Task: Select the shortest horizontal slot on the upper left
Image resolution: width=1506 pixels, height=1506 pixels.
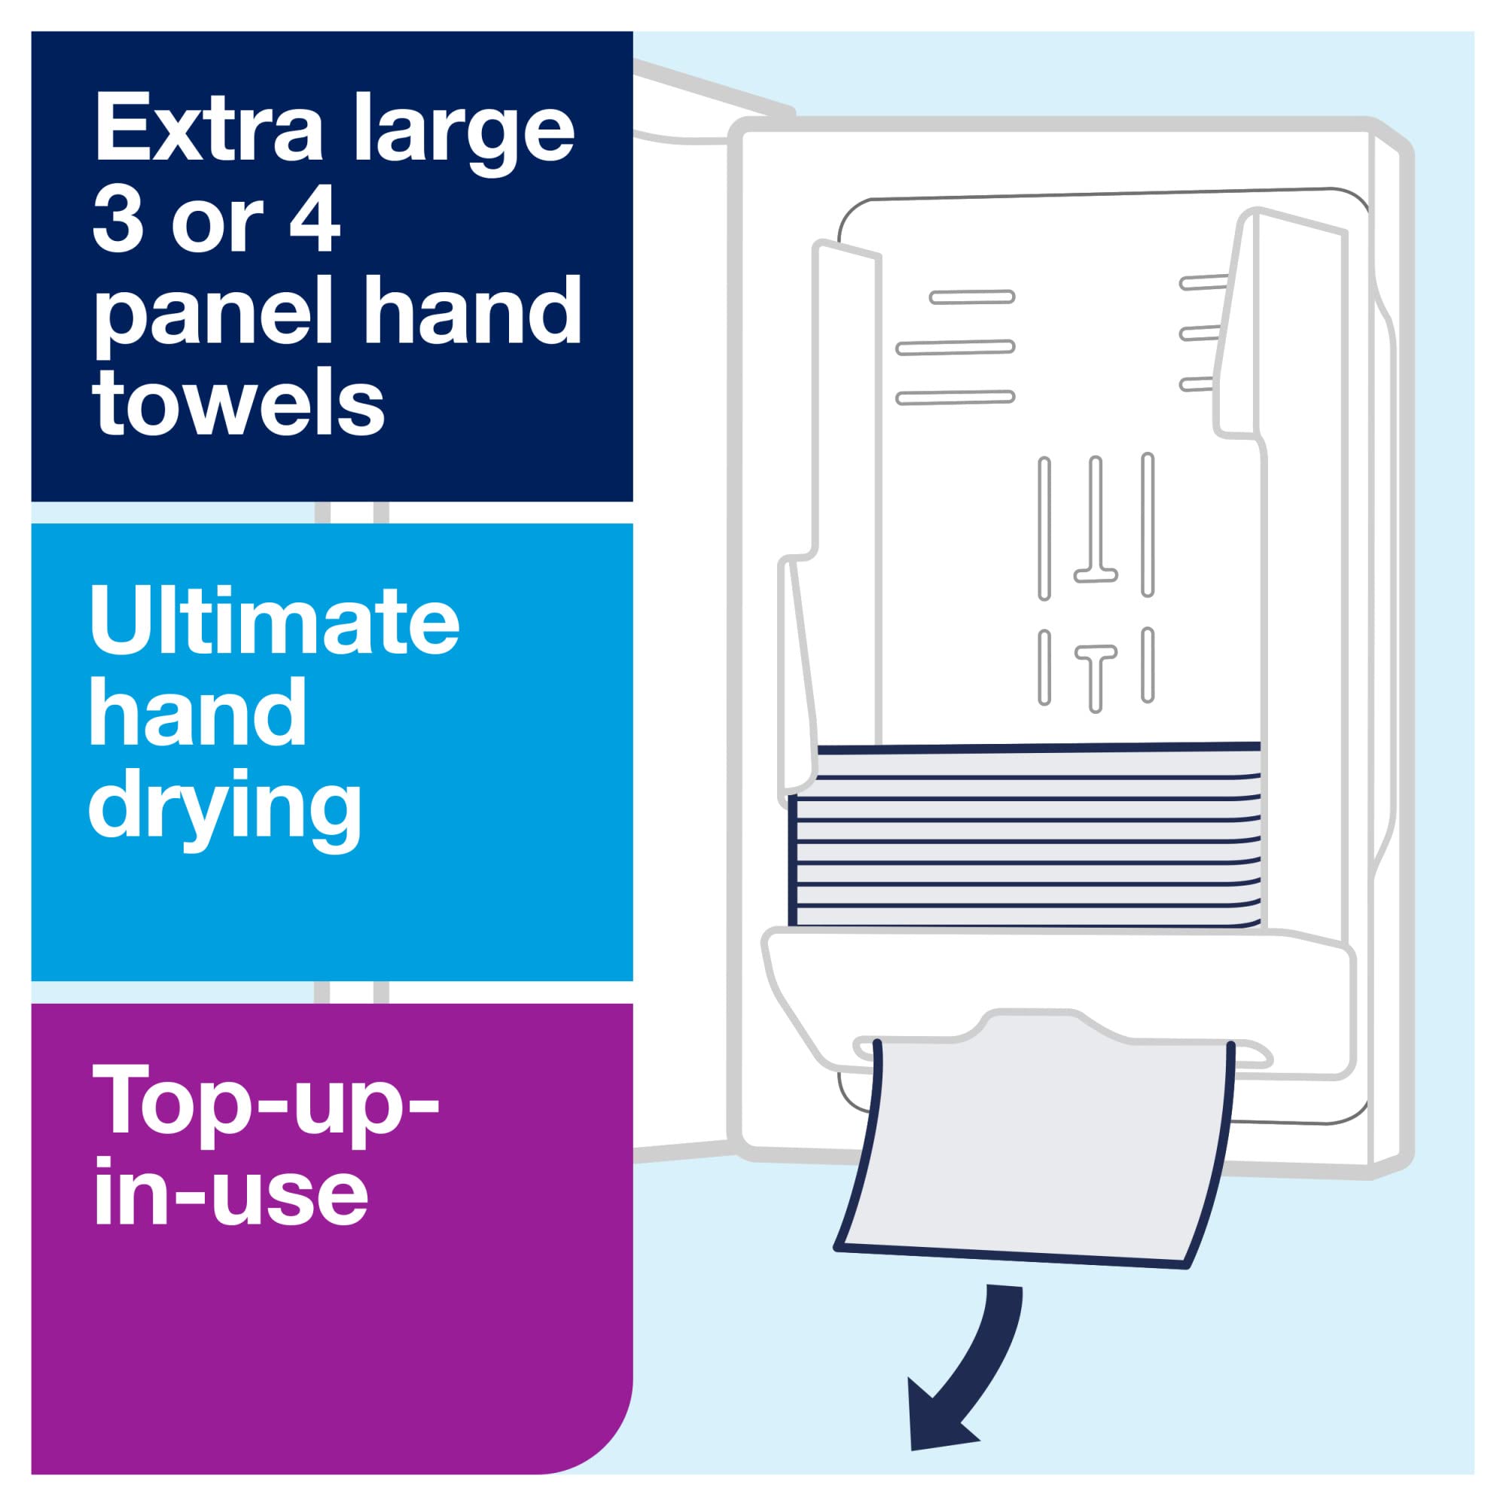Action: (x=972, y=296)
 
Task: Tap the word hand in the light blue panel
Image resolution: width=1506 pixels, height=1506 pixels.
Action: (x=198, y=714)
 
